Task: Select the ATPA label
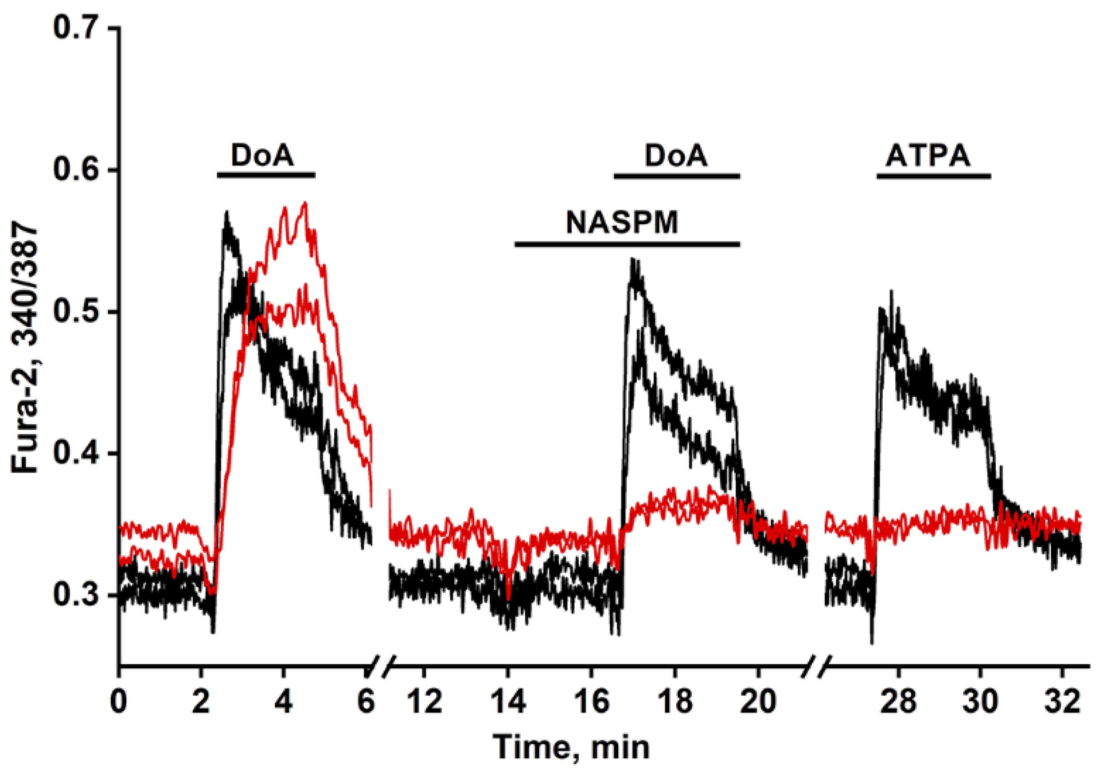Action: [928, 156]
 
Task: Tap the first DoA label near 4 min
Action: [262, 156]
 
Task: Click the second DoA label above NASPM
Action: [676, 156]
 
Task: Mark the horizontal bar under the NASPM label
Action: [627, 244]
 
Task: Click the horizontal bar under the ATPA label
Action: [934, 177]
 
